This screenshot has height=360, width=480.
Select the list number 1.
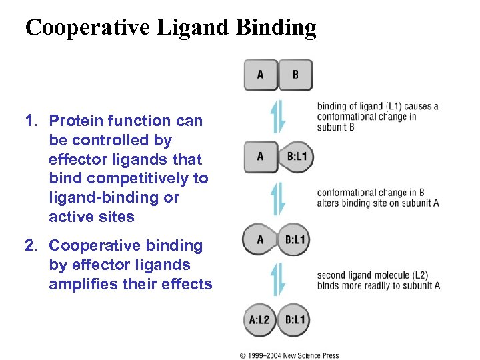29,121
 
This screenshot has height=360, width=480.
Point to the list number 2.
30,246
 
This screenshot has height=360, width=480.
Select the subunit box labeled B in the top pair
295,75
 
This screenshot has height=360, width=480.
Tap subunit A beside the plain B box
260,75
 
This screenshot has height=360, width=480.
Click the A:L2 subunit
259,320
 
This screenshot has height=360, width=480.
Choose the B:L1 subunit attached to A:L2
295,320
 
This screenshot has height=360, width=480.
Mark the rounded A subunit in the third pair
259,239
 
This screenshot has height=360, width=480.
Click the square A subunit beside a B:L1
260,157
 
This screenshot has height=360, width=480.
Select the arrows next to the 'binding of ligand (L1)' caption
278,116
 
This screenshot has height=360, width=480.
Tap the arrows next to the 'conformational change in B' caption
278,198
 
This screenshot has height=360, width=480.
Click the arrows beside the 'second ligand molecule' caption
278,279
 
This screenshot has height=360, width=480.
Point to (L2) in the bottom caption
420,275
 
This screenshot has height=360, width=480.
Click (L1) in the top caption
395,106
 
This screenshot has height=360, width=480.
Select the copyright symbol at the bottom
243,355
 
